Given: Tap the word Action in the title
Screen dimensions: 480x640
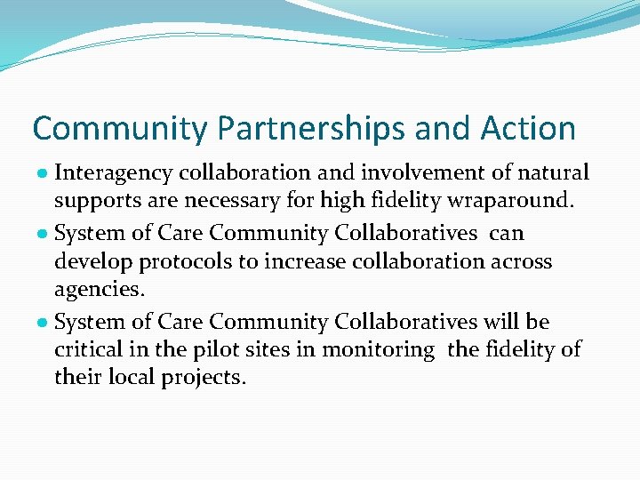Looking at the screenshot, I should click(x=529, y=129).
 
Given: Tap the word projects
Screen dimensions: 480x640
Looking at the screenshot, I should click(x=204, y=378).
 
